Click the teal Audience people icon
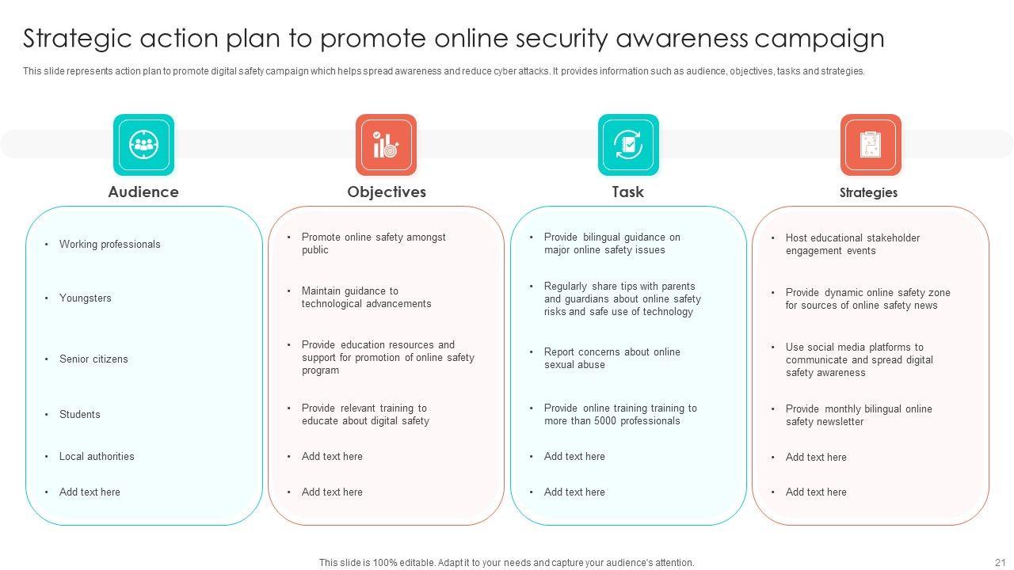(143, 145)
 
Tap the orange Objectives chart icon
(386, 145)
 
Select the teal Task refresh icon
(628, 145)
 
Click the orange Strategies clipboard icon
(871, 145)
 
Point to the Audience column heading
(143, 192)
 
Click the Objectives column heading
(387, 192)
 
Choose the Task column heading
(627, 192)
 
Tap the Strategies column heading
(868, 192)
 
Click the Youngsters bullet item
(85, 298)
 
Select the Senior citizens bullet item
(93, 359)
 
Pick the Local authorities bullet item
(97, 456)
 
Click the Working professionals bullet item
(109, 244)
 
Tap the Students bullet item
(79, 414)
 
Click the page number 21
(999, 562)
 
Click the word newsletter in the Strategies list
(836, 422)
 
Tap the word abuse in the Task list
(591, 365)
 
